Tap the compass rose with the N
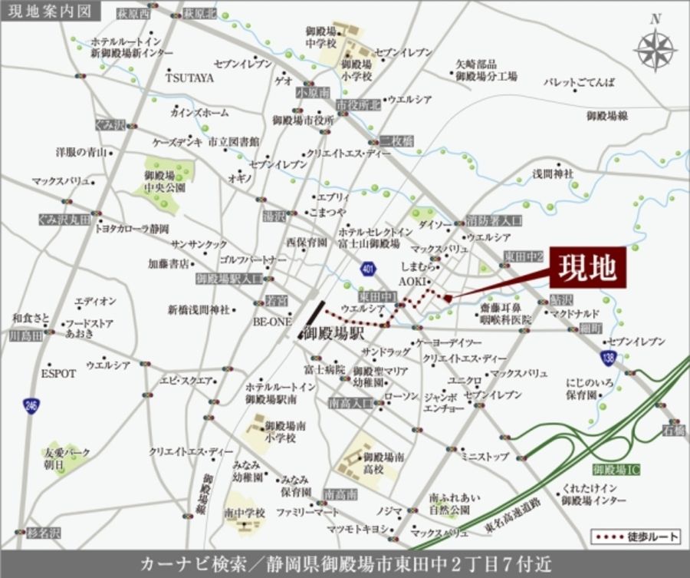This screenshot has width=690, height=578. [654, 50]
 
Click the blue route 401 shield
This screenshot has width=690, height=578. [369, 268]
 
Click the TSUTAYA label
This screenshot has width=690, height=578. [190, 78]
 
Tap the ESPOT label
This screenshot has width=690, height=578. [58, 373]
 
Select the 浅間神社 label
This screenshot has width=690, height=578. [553, 174]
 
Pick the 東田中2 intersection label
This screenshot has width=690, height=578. [524, 255]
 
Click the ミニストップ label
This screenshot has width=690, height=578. [485, 457]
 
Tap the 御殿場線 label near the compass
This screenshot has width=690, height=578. [608, 115]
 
